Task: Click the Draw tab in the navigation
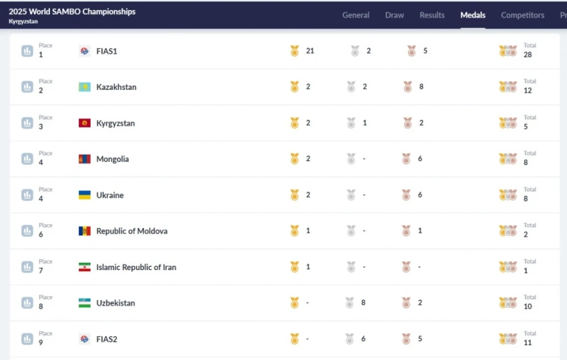394,15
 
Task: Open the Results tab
432,15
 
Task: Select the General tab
356,15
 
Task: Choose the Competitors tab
522,15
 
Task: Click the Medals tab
473,15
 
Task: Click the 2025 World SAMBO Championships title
72,11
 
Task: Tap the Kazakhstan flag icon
85,87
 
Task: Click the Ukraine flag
85,195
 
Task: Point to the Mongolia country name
113,159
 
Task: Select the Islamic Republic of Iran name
136,267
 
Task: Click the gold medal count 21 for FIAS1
310,51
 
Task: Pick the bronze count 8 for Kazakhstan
422,87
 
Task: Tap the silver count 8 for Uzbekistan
364,303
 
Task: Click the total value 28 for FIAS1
528,55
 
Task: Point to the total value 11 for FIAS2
528,343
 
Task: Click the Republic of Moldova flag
85,231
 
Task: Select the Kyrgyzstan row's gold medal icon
294,123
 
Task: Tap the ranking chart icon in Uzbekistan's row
27,303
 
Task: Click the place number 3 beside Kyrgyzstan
41,127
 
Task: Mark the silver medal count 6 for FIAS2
364,339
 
